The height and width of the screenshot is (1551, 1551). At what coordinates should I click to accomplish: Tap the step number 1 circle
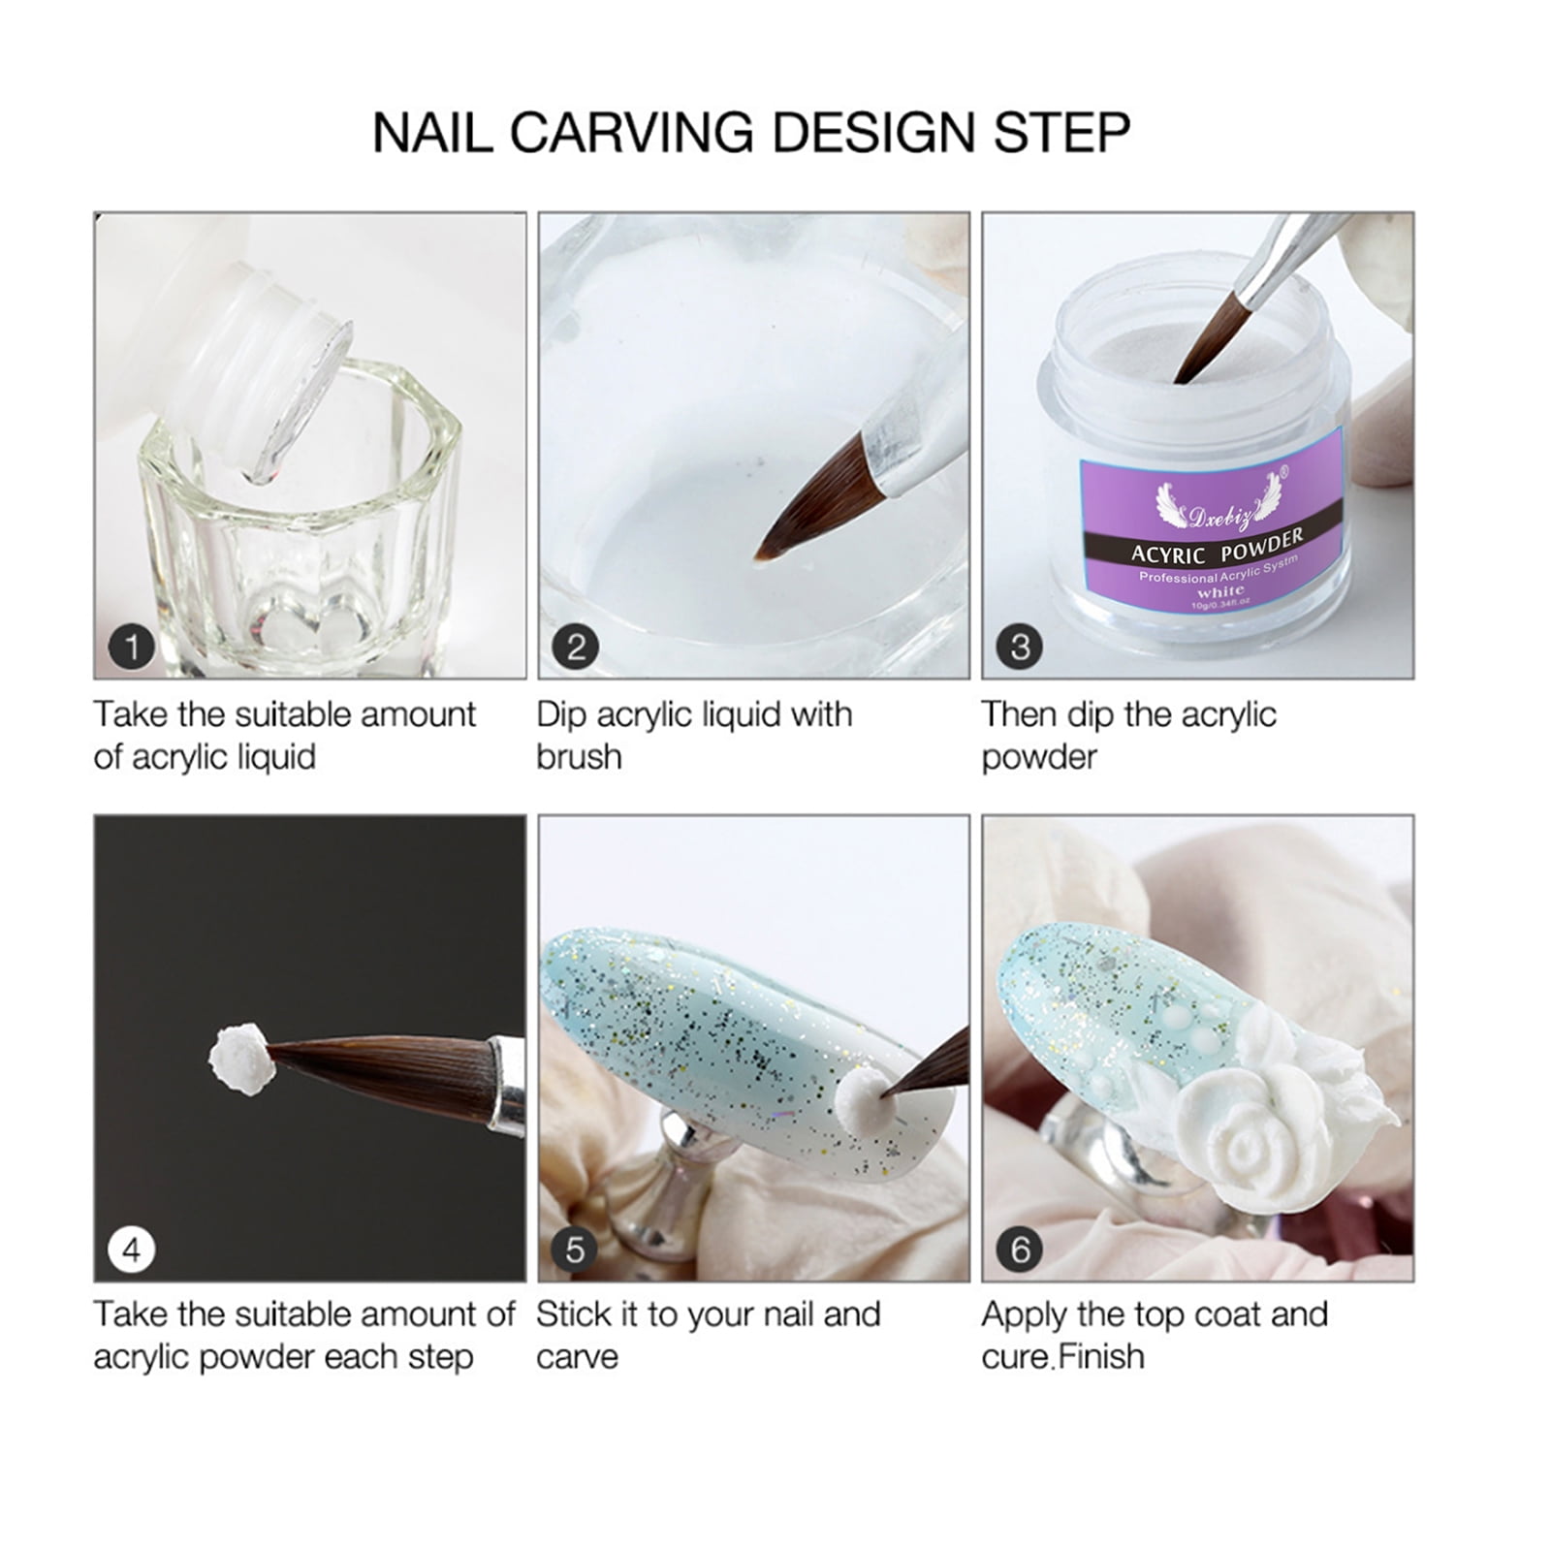(x=132, y=647)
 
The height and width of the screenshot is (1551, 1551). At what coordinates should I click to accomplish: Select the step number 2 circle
(x=576, y=647)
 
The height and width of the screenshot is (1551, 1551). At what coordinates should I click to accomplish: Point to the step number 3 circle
(x=1020, y=647)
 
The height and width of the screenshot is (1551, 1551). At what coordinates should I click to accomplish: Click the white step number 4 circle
(x=132, y=1250)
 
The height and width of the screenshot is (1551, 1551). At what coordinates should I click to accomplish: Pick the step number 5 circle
(x=576, y=1250)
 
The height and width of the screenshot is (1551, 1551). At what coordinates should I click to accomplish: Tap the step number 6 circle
(x=1020, y=1250)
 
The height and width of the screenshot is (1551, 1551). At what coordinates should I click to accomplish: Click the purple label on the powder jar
(x=1212, y=523)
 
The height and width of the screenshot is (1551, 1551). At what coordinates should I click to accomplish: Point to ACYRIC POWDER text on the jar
(x=1217, y=548)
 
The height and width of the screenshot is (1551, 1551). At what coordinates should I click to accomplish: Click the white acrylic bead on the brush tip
(x=238, y=1058)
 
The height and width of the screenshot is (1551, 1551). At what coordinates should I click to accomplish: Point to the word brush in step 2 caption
(x=579, y=757)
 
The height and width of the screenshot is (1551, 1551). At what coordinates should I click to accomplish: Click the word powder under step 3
(x=1038, y=757)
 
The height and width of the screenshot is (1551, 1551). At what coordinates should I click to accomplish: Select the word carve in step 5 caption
(x=577, y=1357)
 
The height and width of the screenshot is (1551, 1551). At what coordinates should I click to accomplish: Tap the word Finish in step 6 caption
(x=1102, y=1357)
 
